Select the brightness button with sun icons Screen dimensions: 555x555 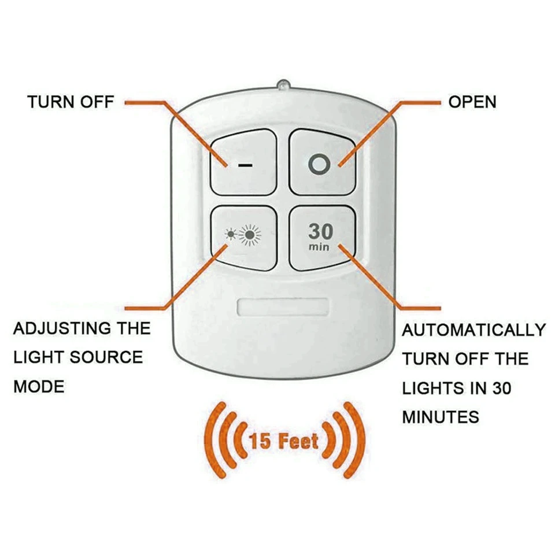click(x=245, y=237)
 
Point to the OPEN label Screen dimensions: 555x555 click(x=472, y=102)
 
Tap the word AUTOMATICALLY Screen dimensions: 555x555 click(x=473, y=330)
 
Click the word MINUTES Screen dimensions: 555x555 click(x=441, y=416)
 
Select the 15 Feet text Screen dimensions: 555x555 click(x=283, y=442)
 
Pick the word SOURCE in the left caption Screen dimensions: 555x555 click(x=106, y=358)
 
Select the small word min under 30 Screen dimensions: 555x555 click(x=320, y=247)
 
